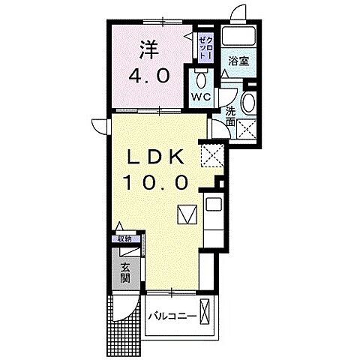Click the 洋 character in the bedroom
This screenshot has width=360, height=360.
(x=147, y=49)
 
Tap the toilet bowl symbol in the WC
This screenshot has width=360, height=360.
(x=200, y=79)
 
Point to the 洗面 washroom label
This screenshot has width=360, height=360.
(x=230, y=117)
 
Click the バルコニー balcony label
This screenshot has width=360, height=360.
(x=172, y=315)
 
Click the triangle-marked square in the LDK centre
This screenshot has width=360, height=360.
(x=187, y=214)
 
